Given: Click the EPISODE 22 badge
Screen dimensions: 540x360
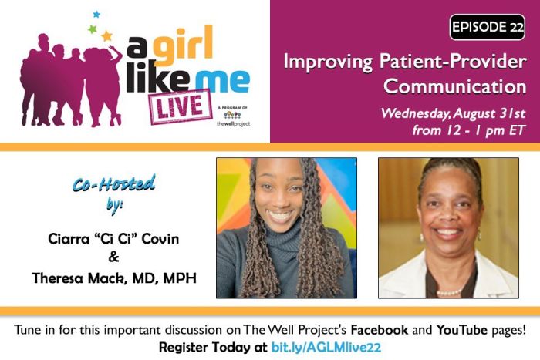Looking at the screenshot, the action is (487, 27).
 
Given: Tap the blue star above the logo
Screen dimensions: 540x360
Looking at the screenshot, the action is (96, 14).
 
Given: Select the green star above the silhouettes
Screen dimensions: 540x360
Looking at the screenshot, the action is (92, 29).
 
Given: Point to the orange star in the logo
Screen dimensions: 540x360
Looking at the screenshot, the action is (106, 35).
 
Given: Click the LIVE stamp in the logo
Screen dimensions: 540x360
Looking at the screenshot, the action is (180, 106).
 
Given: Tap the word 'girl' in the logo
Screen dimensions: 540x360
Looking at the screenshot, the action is (183, 45).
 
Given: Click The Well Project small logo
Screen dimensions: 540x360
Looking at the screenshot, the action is (233, 117).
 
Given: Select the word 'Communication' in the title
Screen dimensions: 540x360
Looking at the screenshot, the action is (455, 86).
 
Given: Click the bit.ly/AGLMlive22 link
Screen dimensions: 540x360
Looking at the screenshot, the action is (326, 347).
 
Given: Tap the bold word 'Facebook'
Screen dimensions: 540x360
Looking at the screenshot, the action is (380, 330).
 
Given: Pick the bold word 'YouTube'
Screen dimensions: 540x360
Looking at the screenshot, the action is (461, 330).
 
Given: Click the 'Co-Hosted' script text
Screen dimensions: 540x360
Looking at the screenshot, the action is (114, 183).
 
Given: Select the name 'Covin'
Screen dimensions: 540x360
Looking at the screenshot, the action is (160, 238).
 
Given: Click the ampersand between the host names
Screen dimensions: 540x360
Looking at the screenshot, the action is (113, 257).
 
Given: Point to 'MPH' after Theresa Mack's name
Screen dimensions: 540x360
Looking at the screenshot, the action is (180, 278).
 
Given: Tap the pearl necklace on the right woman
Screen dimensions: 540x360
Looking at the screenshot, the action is (449, 293).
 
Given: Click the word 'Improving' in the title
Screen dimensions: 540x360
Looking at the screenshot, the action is (328, 62).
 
